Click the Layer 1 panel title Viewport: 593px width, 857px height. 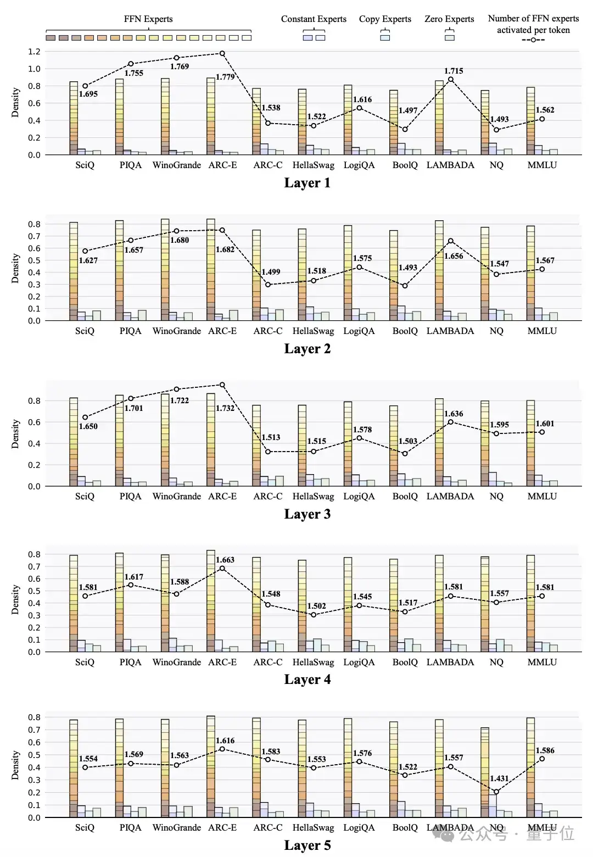[307, 183]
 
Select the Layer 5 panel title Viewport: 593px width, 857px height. [307, 845]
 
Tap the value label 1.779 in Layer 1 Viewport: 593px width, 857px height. [225, 77]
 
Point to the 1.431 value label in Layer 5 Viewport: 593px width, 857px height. [499, 778]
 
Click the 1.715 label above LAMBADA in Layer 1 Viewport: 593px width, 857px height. [454, 71]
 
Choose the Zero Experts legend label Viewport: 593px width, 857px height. [449, 19]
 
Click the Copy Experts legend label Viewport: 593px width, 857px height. [385, 19]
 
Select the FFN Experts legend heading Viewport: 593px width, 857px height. [148, 19]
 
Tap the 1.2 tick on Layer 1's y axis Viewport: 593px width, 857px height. [34, 52]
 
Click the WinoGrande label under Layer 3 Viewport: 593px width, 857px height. [176, 496]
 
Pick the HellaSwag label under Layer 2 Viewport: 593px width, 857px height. [313, 331]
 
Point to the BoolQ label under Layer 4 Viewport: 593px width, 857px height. [405, 662]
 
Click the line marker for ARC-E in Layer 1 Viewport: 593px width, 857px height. [222, 53]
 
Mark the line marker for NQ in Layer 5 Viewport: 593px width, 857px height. [496, 792]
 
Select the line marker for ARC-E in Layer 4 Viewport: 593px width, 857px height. [222, 568]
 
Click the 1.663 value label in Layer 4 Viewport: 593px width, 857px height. [225, 560]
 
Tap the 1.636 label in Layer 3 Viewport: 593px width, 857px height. [454, 414]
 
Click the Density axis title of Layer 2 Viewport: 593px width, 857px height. [15, 268]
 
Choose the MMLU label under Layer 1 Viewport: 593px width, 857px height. [542, 165]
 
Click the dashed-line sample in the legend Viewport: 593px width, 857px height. [533, 40]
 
